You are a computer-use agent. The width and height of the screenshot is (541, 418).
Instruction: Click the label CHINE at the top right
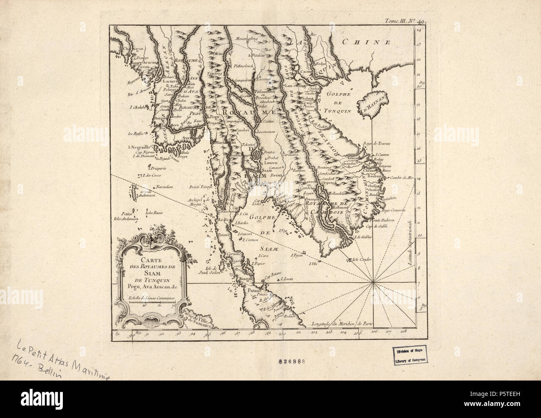coord(366,42)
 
